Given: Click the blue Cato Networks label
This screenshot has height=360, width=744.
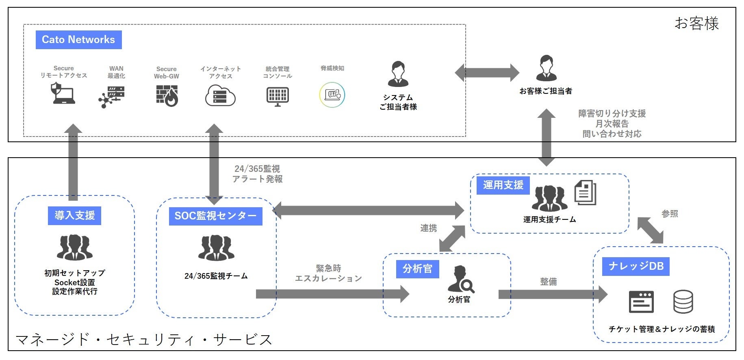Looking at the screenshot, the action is click(78, 40).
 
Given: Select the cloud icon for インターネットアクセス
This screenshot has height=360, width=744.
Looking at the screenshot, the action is click(220, 96).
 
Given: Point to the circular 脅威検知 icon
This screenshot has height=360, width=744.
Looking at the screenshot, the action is click(332, 95).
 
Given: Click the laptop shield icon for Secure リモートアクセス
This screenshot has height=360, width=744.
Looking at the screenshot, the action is click(63, 93).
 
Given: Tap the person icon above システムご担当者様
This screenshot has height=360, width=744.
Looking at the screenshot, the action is click(398, 74).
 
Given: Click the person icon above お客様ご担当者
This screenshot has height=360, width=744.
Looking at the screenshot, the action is click(547, 68).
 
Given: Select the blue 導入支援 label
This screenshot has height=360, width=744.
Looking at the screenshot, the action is click(75, 215).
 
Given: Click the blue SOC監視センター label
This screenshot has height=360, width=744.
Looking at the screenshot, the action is click(215, 216).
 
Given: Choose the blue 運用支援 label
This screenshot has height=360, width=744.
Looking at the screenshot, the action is click(503, 185).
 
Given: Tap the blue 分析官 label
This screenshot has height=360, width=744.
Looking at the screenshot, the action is click(418, 269).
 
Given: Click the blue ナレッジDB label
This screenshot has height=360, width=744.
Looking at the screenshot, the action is click(636, 266).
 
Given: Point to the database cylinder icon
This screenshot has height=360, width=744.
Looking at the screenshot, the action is click(683, 301).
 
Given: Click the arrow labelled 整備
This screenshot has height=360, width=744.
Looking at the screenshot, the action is click(553, 294).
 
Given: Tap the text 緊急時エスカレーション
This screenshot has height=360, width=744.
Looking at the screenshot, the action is click(328, 273).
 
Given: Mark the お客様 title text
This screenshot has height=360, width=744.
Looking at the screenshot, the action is click(697, 23).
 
